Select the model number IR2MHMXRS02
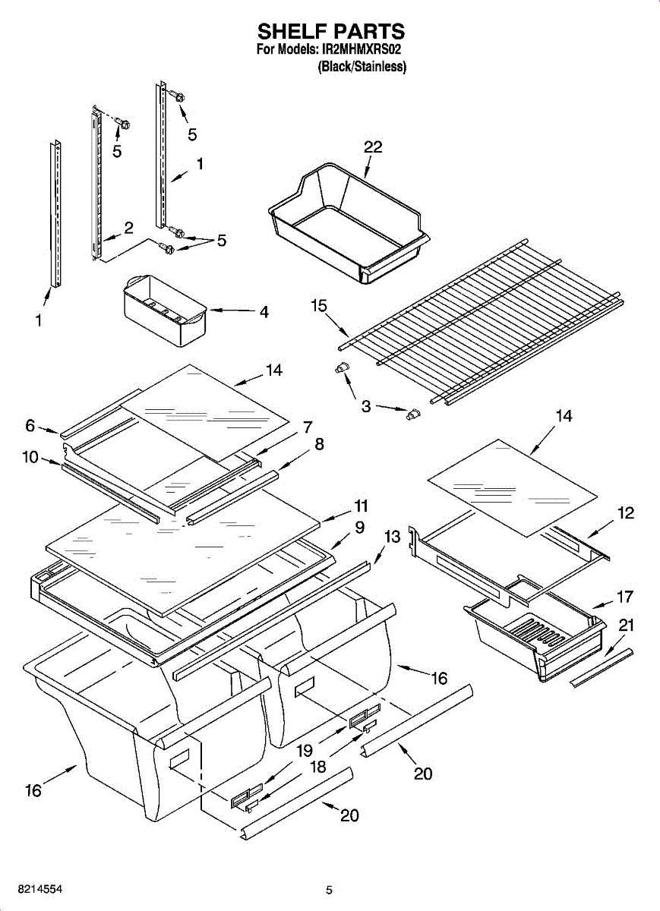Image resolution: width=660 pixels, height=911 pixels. tap(360, 49)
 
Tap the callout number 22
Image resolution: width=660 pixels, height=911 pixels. tap(372, 147)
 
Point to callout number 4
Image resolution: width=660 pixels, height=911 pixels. tap(264, 311)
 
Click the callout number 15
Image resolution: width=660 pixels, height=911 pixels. tap(319, 306)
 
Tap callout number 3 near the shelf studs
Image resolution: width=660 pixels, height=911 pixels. tap(366, 407)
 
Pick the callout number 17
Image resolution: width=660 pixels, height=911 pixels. tap(624, 597)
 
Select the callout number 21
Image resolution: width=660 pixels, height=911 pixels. tap(626, 626)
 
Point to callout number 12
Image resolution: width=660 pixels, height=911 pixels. tap(625, 513)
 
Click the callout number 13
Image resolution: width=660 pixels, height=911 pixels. tap(391, 537)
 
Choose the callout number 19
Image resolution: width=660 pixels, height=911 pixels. tap(305, 751)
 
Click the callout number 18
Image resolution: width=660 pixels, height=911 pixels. tap(317, 767)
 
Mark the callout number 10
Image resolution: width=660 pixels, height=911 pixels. tap(31, 458)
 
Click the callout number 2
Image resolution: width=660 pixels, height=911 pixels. tap(128, 227)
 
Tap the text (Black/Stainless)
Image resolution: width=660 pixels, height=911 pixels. tap(362, 67)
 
